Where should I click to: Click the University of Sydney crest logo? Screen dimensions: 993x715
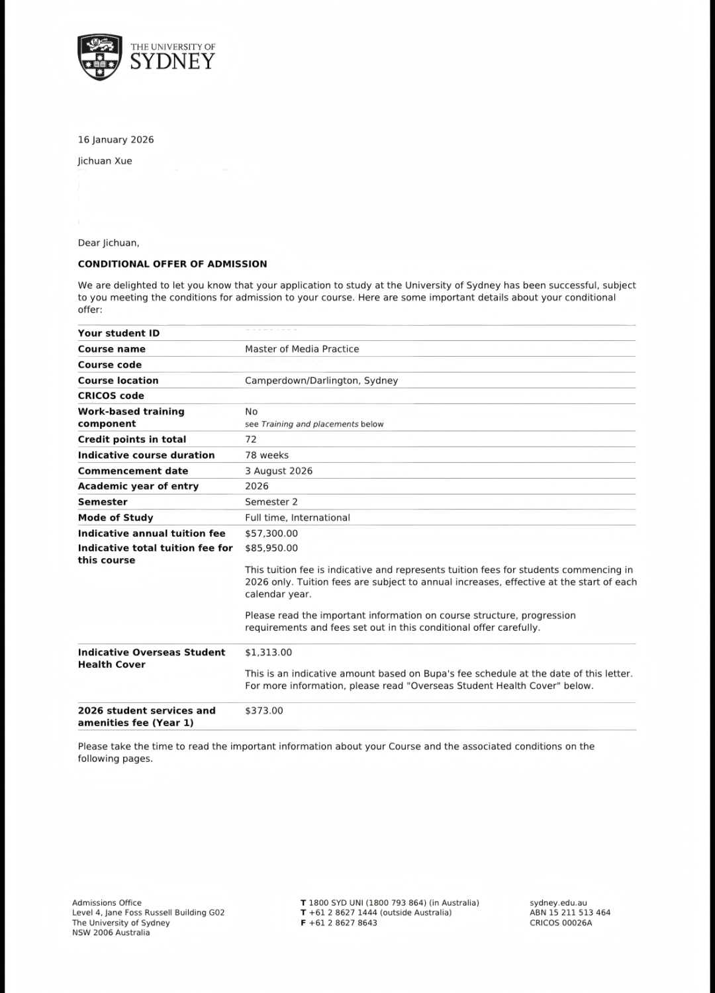(x=100, y=58)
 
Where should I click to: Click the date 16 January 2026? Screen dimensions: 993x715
(x=116, y=140)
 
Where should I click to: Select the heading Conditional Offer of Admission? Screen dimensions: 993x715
(x=172, y=264)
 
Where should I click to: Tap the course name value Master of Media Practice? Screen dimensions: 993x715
(x=302, y=349)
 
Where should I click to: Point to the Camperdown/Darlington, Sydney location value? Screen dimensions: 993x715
(x=321, y=381)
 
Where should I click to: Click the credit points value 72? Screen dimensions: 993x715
(x=251, y=440)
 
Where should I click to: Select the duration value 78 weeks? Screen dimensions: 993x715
(x=267, y=455)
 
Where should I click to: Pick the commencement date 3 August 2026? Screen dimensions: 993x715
(x=279, y=471)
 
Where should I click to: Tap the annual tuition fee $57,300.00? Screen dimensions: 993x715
(x=271, y=534)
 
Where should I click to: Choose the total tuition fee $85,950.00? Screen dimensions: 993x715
(x=271, y=548)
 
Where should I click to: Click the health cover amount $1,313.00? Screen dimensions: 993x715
(x=268, y=653)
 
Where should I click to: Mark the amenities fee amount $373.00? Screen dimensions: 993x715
(x=264, y=711)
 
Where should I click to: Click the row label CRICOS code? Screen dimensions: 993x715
(x=111, y=396)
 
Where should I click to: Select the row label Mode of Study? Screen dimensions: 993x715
(x=115, y=518)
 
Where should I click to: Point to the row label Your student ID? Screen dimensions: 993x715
(x=119, y=334)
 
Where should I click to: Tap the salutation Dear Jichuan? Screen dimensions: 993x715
(x=109, y=243)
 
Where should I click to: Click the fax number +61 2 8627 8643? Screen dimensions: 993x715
(x=343, y=923)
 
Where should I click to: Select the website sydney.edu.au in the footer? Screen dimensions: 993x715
(x=558, y=903)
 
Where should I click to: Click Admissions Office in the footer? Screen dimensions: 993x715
(x=107, y=903)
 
